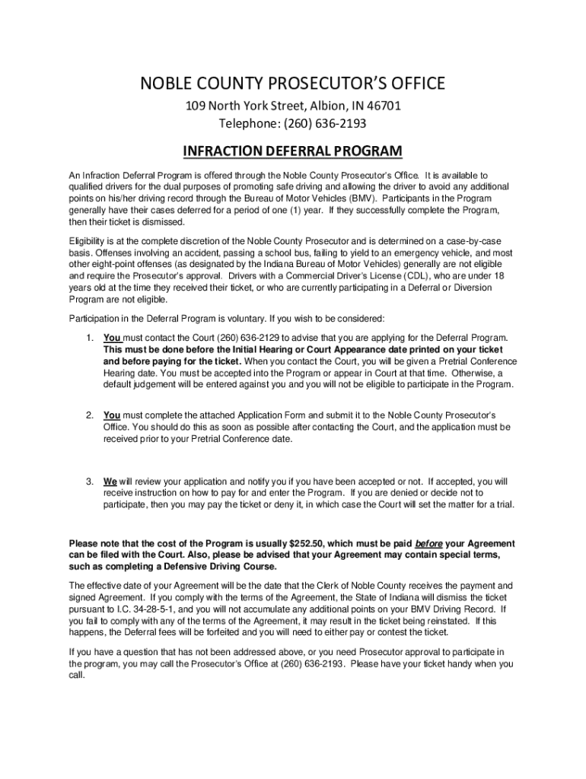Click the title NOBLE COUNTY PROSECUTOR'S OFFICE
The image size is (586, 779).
pos(293,83)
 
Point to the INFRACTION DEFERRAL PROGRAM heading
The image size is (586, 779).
pos(293,150)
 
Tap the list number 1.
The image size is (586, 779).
pos(89,338)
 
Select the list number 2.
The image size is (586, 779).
pos(89,415)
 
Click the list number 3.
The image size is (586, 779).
pos(89,482)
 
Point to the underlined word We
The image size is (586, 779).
pos(110,482)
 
